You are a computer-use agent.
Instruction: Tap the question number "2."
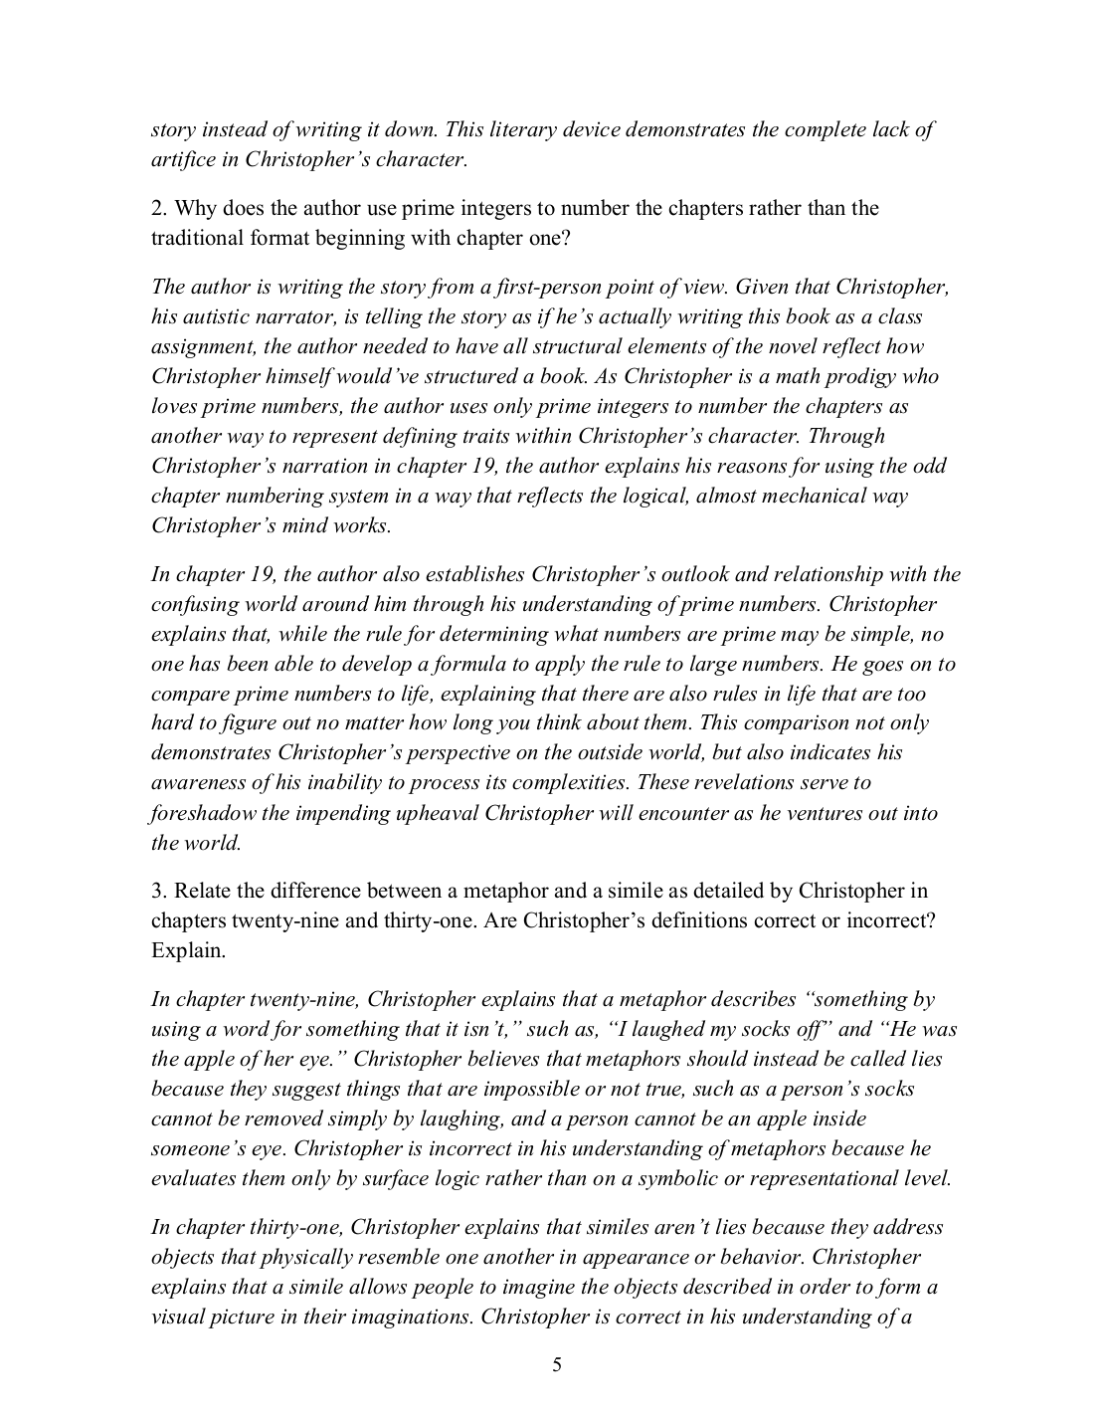coord(158,208)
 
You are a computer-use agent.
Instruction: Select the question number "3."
coord(158,891)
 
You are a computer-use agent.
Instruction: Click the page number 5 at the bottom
coord(557,1365)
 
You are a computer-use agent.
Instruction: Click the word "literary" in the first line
coord(549,129)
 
